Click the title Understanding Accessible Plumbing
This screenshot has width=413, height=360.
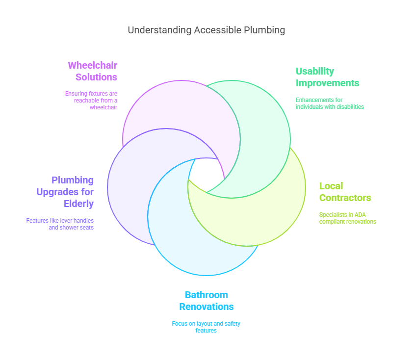pos(206,30)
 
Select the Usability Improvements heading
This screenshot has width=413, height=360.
pos(327,77)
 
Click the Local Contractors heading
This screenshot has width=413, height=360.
pos(345,192)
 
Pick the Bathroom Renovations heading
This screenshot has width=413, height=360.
pos(206,301)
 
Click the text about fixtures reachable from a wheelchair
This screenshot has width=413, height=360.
pos(91,100)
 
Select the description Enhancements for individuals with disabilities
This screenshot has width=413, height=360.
pos(330,103)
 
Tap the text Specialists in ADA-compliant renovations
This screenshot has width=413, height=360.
pos(347,218)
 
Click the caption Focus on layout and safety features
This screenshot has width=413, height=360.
pos(206,327)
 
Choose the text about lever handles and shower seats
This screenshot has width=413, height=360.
pos(60,224)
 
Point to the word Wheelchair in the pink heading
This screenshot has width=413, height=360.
pos(92,65)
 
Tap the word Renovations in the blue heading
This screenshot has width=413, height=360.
pos(206,307)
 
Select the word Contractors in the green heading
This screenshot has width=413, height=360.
pos(345,198)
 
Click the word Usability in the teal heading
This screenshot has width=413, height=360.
pos(314,71)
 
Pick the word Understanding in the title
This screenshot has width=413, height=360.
pos(159,30)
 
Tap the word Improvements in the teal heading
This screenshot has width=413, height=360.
pos(327,83)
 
